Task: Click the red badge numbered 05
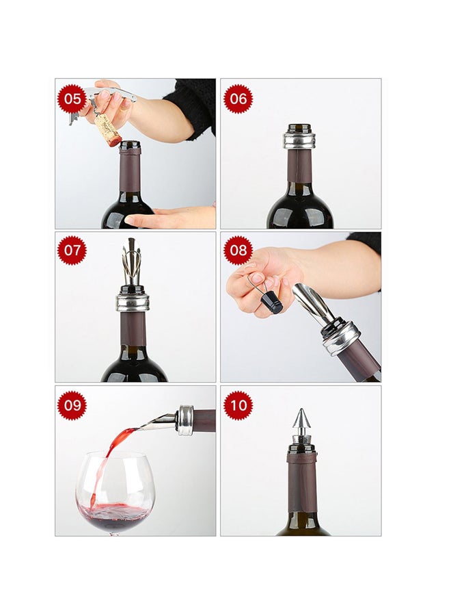(x=72, y=99)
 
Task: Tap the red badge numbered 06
(x=238, y=98)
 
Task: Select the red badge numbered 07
(x=72, y=251)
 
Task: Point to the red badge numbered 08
(x=238, y=251)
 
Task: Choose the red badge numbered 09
(x=72, y=405)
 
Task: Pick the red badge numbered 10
(x=238, y=405)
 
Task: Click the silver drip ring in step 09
(x=185, y=420)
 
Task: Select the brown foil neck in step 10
(x=301, y=481)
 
